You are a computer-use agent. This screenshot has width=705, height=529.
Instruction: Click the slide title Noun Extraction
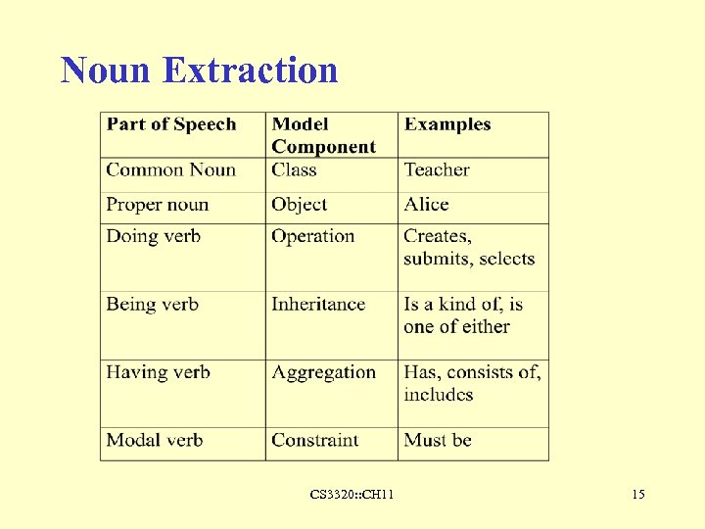(199, 71)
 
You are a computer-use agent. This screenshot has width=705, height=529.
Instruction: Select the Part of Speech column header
(171, 124)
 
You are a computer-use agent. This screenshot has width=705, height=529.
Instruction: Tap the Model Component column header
(323, 135)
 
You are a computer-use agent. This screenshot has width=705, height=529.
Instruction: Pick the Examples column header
(447, 124)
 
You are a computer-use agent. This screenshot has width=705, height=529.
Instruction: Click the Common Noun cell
(171, 169)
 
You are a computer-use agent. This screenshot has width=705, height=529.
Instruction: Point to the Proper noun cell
(158, 205)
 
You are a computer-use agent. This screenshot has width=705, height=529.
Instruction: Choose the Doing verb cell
(153, 236)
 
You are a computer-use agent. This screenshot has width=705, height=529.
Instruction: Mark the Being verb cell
(152, 304)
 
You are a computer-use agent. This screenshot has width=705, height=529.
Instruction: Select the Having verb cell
(158, 372)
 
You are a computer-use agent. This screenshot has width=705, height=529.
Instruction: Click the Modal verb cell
(155, 440)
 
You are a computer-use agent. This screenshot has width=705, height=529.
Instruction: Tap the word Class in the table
(294, 169)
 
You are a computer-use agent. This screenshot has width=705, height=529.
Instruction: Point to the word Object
(299, 205)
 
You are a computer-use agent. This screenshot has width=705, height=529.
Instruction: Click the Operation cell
(312, 236)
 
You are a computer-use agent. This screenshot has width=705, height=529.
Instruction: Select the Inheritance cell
(318, 304)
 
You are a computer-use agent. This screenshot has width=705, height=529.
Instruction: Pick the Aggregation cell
(323, 372)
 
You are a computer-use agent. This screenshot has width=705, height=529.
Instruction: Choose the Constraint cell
(315, 440)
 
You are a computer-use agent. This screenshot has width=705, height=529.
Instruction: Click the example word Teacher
(437, 169)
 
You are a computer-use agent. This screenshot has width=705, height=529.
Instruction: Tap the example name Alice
(426, 205)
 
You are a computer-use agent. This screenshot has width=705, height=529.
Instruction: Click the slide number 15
(638, 495)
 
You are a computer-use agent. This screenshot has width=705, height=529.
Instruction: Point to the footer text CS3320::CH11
(352, 495)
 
